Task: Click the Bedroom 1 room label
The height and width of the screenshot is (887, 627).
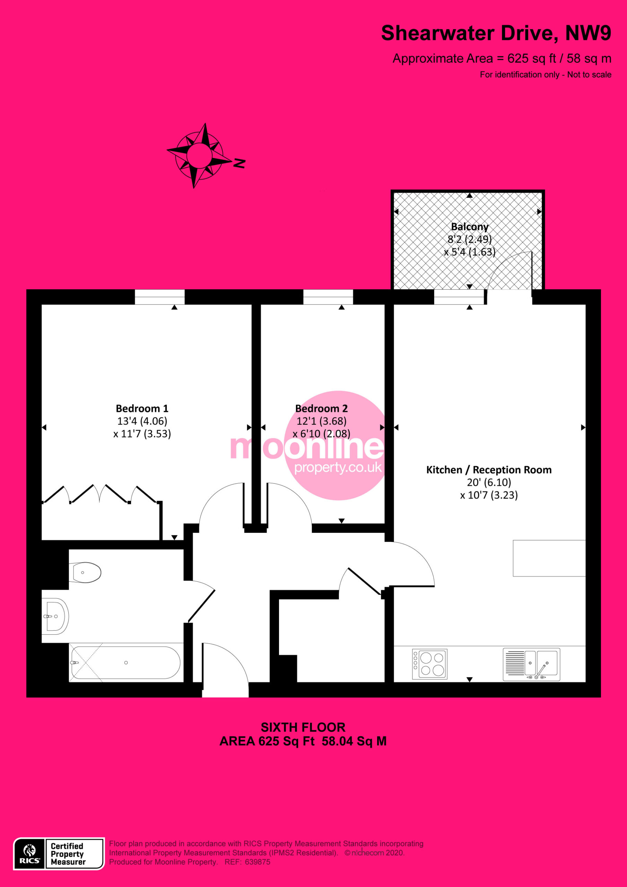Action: click(x=142, y=409)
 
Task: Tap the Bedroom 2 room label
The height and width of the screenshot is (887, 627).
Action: click(x=321, y=409)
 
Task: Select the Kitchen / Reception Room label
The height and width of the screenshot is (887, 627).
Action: click(x=489, y=470)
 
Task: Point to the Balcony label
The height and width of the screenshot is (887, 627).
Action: click(x=470, y=226)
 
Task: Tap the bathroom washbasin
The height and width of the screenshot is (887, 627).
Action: click(x=55, y=617)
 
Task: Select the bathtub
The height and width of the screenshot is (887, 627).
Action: click(x=125, y=662)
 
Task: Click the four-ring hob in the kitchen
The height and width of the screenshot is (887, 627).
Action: click(x=430, y=664)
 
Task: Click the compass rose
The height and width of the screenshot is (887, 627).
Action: click(x=199, y=155)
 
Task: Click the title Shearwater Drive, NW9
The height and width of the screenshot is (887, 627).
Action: click(x=496, y=33)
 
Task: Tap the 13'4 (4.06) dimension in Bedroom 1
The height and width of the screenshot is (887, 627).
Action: click(x=142, y=421)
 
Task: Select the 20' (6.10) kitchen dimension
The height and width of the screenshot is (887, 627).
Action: click(x=489, y=483)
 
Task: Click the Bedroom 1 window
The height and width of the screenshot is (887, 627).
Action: click(x=160, y=297)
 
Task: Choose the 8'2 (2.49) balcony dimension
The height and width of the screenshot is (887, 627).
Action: click(x=470, y=239)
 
